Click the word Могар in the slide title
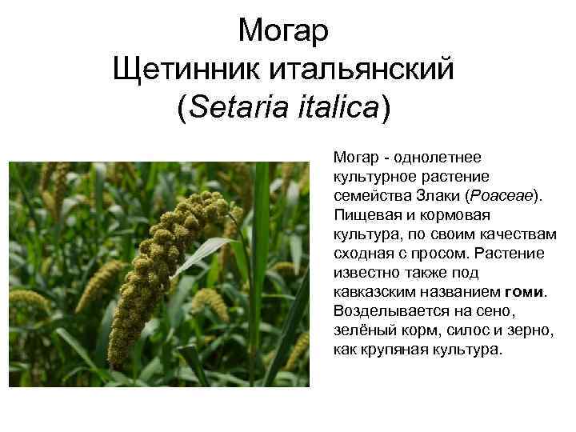tap(283, 31)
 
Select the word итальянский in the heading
tap(362, 69)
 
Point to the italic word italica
tap(338, 107)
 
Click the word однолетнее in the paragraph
tap(438, 158)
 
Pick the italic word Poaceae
tap(502, 196)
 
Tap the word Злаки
tap(438, 196)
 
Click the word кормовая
tap(454, 215)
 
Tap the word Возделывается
tap(391, 311)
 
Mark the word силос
tap(468, 330)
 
